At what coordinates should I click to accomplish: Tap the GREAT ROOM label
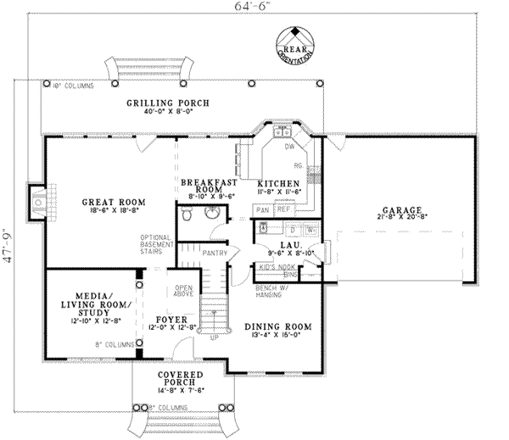(114, 202)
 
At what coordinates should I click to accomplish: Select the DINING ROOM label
(278, 326)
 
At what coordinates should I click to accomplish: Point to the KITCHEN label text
(278, 182)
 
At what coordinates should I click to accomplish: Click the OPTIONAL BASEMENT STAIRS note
(157, 245)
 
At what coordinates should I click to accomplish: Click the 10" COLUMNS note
(72, 86)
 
